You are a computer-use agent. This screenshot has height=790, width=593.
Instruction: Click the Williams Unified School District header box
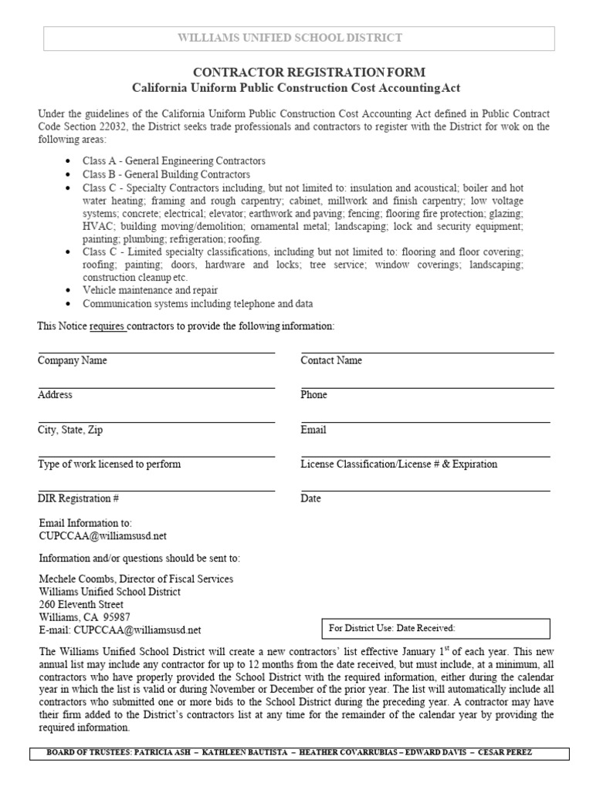(300, 38)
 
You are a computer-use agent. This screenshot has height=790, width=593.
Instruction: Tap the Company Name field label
(73, 360)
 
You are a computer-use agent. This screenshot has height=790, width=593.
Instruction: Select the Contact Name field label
(331, 360)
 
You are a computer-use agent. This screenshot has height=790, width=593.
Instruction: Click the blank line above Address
(156, 387)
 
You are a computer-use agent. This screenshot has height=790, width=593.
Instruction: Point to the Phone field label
(313, 394)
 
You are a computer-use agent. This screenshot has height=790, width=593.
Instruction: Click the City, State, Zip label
(70, 430)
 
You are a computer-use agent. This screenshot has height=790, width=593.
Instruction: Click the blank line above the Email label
(425, 421)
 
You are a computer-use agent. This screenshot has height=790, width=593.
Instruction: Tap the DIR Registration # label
(78, 498)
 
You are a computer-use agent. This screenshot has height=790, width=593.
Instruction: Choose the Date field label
(310, 498)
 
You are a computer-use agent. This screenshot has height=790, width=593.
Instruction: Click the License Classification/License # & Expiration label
(398, 464)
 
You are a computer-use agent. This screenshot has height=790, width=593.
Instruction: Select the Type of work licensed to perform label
(109, 464)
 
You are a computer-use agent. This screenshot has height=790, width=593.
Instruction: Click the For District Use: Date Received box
(434, 629)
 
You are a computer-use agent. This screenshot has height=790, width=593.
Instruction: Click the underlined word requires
(107, 326)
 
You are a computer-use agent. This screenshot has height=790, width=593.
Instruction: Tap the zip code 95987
(117, 617)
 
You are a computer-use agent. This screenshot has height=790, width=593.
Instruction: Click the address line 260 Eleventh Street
(80, 604)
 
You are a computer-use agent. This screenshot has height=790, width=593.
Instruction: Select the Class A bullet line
(174, 161)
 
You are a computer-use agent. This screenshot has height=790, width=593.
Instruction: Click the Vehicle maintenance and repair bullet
(150, 289)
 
